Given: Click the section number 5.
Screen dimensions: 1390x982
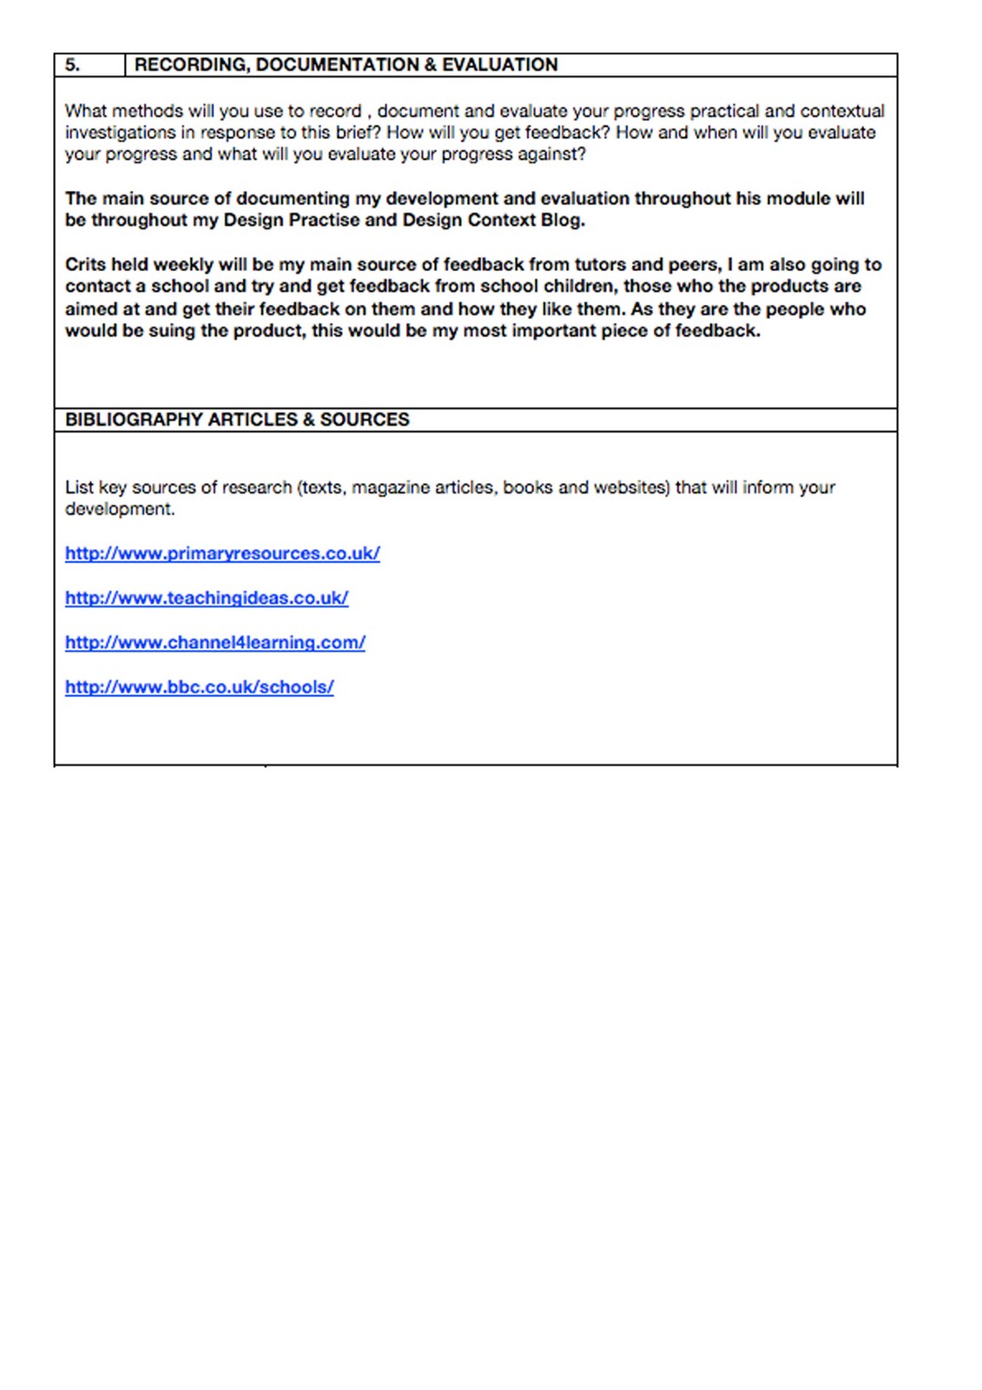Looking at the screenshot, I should click(x=73, y=65).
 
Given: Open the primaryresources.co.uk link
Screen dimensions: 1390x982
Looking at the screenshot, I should click(x=222, y=553).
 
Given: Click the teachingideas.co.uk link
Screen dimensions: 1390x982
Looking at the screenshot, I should click(x=207, y=598).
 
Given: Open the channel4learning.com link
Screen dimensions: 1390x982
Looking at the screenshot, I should click(x=215, y=643).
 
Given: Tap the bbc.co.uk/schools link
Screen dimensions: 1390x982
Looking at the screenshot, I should click(x=199, y=687).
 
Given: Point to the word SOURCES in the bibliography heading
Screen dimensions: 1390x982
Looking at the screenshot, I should click(x=365, y=420).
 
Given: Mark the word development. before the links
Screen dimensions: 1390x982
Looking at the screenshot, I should click(x=120, y=509).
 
